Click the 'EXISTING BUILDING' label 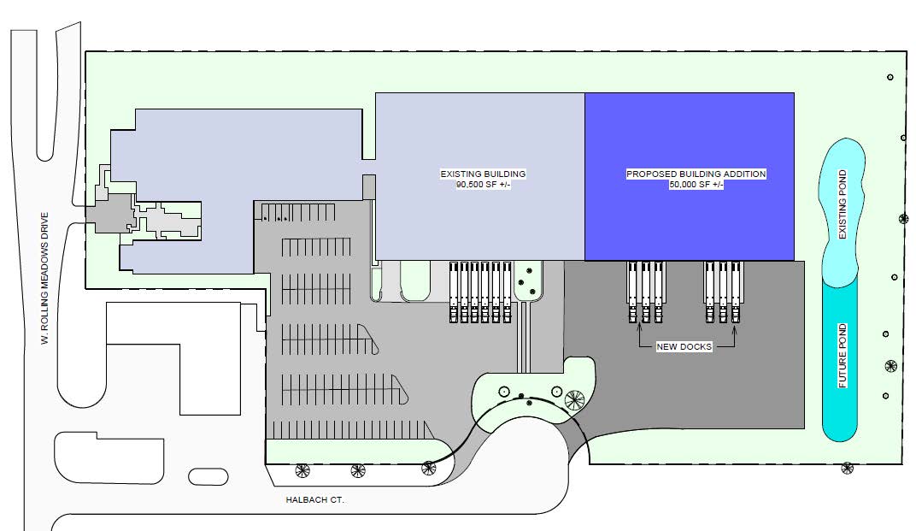[483, 174]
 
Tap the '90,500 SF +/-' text [483, 185]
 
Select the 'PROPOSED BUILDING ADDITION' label [696, 174]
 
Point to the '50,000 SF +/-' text [696, 185]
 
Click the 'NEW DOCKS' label [684, 347]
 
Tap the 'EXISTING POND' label [843, 204]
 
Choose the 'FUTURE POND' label [843, 356]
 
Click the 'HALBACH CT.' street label [314, 500]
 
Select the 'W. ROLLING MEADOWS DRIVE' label [45, 279]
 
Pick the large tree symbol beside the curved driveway [574, 400]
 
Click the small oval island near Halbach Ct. [208, 476]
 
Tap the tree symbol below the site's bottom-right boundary [847, 468]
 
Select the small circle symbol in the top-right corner [890, 77]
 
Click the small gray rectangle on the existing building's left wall [368, 187]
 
